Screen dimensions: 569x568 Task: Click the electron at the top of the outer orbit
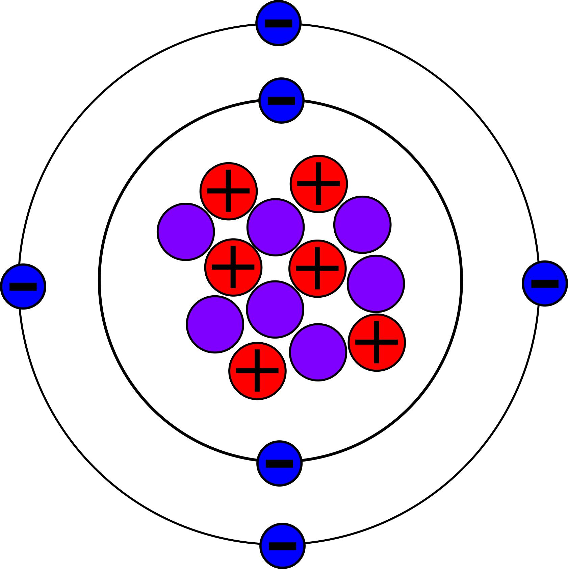point(278,23)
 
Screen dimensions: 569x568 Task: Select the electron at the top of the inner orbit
point(281,100)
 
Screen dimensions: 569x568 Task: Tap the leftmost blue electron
point(23,287)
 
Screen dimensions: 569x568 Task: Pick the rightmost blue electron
point(545,283)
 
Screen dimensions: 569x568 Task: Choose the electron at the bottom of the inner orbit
point(279,463)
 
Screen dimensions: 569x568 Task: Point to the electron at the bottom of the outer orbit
point(282,546)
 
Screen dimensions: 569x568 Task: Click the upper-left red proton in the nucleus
point(228,191)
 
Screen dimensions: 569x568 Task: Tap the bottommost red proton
point(257,371)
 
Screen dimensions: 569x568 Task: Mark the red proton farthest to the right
point(377,342)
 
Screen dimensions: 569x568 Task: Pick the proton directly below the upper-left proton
point(233,267)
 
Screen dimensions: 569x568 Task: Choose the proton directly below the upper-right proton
point(317,268)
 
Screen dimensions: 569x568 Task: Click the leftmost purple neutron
point(186,231)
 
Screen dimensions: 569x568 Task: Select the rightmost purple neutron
point(376,283)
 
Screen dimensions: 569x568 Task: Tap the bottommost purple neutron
point(318,352)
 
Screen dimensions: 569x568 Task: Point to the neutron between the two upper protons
point(276,227)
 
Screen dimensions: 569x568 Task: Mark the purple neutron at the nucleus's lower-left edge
point(215,324)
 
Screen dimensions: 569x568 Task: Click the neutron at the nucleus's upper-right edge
point(362,224)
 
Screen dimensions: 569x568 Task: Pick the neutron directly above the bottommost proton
point(275,309)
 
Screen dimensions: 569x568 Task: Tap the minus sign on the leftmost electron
point(23,287)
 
